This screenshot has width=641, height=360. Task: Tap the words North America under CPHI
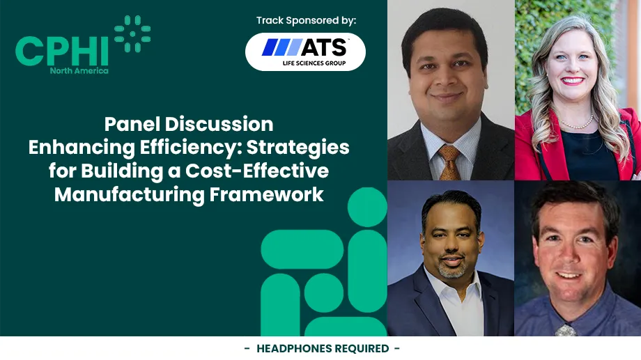(79, 70)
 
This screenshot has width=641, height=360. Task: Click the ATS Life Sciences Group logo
(305, 52)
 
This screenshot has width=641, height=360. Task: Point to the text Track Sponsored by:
(306, 20)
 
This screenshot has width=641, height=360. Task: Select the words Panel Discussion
(189, 125)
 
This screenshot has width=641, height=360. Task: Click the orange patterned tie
(449, 162)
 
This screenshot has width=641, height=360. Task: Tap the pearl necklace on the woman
(576, 123)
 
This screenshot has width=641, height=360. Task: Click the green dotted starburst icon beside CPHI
(132, 33)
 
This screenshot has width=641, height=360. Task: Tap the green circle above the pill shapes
(366, 207)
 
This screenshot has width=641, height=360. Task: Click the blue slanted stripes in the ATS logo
(281, 47)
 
